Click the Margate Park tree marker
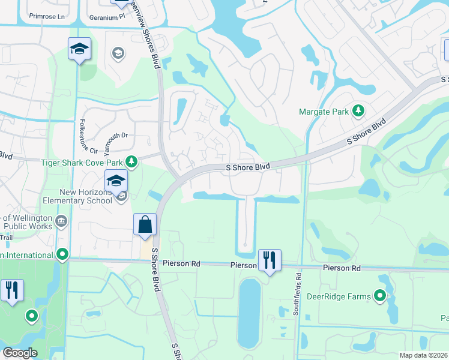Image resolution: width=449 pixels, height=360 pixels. pyautogui.click(x=358, y=110)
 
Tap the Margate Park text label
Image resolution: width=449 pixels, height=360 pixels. pyautogui.click(x=325, y=111)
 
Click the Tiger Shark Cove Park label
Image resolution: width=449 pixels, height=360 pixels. pyautogui.click(x=82, y=162)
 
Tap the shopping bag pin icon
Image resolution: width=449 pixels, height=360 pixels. pyautogui.click(x=145, y=225)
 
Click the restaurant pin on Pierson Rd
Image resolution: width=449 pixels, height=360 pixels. pyautogui.click(x=270, y=260)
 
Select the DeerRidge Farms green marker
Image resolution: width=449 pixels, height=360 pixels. pyautogui.click(x=379, y=295)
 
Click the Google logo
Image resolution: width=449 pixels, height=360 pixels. pyautogui.click(x=20, y=353)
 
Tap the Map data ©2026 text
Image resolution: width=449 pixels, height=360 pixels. pyautogui.click(x=423, y=355)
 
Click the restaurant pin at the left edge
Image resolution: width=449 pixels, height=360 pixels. pyautogui.click(x=12, y=290)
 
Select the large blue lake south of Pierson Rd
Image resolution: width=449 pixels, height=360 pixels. pyautogui.click(x=250, y=312)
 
